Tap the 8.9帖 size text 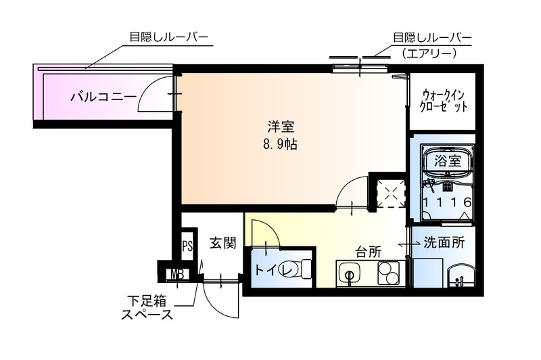279,144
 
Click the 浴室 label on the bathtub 448,161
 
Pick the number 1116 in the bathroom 448,202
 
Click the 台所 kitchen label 369,252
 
